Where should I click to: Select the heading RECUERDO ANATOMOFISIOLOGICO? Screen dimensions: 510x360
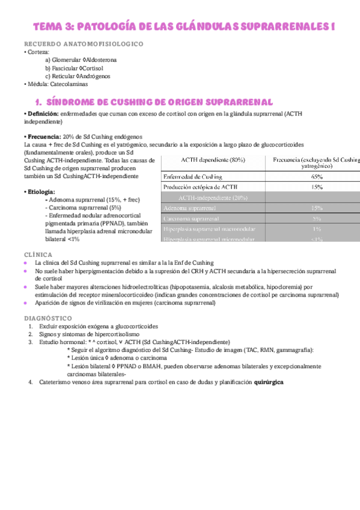pos(84,45)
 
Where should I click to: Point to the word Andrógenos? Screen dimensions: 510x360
pos(100,76)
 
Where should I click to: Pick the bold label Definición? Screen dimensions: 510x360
pos(42,114)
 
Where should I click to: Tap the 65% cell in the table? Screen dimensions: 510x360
pos(316,177)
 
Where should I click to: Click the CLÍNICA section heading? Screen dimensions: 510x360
pos(36,254)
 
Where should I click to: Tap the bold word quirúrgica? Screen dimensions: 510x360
pos(269,382)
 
